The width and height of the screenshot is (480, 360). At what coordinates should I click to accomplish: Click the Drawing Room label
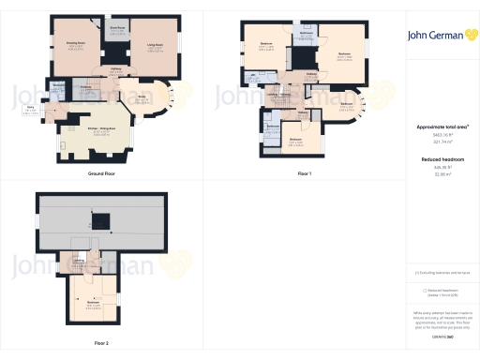tap(76, 43)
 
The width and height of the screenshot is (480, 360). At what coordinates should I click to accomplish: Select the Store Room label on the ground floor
tap(117, 28)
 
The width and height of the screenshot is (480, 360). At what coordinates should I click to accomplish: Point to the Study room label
tap(143, 97)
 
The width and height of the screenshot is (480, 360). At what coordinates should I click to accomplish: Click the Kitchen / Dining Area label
tap(101, 131)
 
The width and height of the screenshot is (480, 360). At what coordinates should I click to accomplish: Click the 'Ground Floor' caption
tap(101, 174)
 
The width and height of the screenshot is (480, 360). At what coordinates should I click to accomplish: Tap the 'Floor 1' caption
tap(303, 174)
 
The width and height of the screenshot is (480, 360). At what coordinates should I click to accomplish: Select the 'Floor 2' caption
tap(101, 343)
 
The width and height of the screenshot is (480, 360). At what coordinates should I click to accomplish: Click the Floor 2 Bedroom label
tap(94, 304)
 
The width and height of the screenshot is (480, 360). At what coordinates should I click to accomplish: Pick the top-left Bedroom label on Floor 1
tap(265, 46)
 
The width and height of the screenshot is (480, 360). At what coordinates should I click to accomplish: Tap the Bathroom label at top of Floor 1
tap(306, 34)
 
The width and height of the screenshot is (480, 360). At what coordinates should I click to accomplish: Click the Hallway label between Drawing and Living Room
tap(118, 69)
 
